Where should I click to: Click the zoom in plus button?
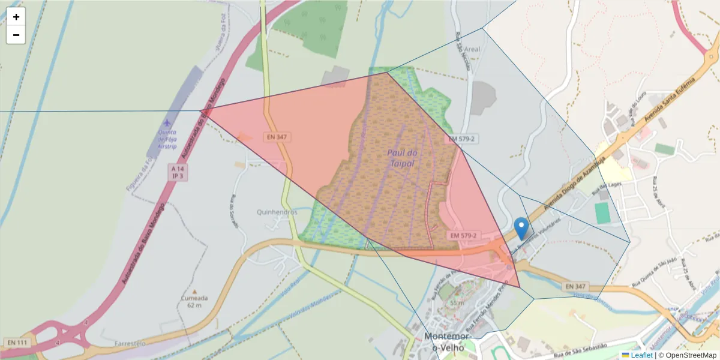[x=16, y=17]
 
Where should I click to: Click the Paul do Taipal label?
[x=401, y=158]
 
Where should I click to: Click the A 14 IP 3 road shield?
[x=178, y=172]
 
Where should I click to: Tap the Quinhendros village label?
[x=277, y=212]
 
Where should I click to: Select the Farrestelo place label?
[x=130, y=344]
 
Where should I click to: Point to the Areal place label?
[x=472, y=50]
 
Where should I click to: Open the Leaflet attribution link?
[x=641, y=355]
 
